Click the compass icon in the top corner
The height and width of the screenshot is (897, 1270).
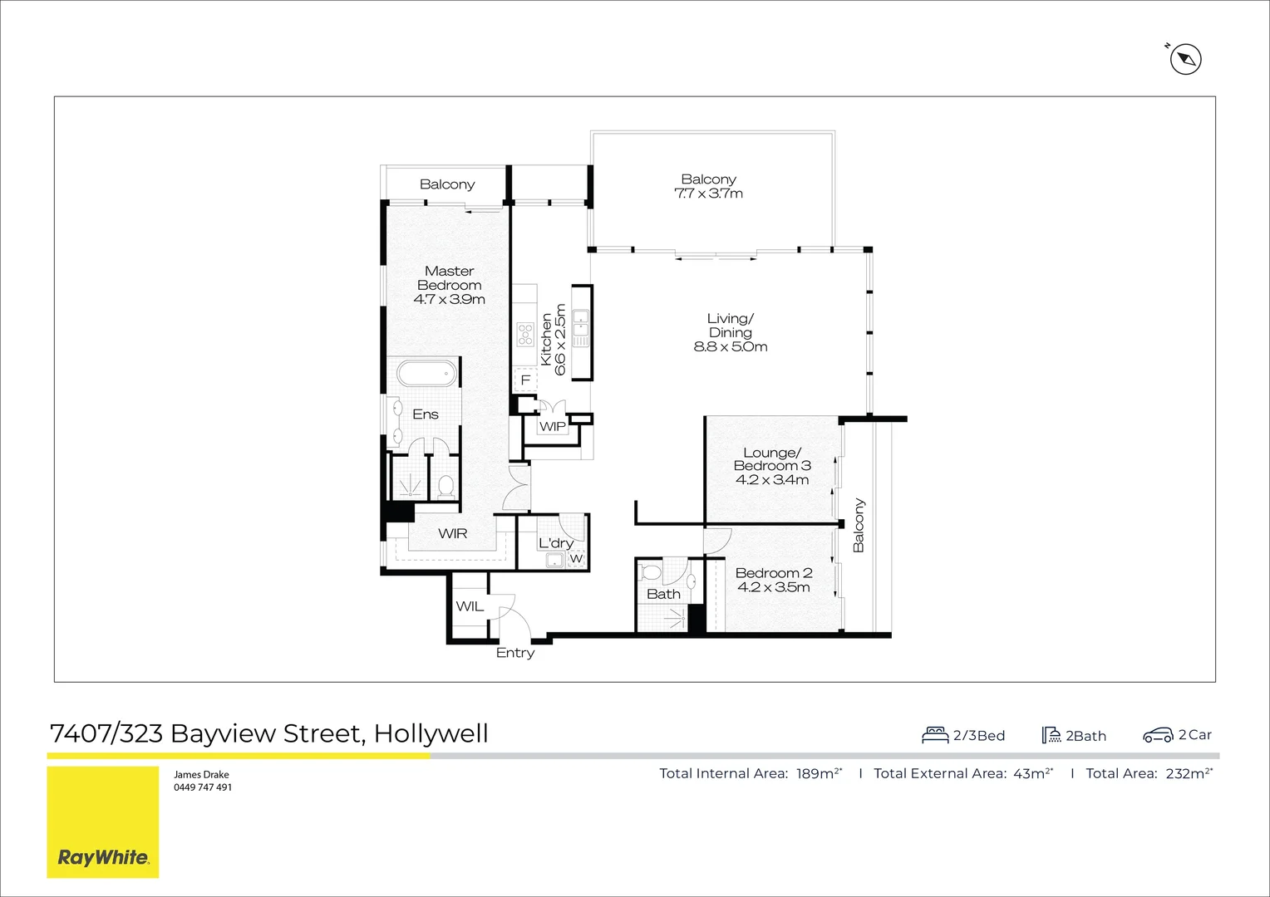tap(1186, 59)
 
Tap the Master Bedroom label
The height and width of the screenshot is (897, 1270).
tap(449, 278)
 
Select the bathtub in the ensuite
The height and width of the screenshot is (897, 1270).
tap(427, 374)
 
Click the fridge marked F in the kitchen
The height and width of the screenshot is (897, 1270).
tap(525, 380)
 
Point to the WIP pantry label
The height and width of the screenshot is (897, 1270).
tap(553, 427)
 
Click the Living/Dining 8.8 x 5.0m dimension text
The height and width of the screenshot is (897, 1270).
tap(731, 347)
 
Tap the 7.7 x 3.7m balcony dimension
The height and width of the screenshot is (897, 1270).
tap(708, 194)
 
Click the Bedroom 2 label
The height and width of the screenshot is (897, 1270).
tap(774, 573)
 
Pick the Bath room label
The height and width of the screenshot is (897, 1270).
tap(663, 594)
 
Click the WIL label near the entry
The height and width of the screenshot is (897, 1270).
tap(470, 606)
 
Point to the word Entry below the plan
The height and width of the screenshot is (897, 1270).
tap(515, 653)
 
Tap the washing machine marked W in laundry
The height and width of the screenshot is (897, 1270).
tap(576, 559)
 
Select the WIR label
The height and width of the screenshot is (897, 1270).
tap(453, 533)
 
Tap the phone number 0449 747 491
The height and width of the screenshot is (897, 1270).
tap(203, 787)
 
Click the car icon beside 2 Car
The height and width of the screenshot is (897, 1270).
tap(1158, 735)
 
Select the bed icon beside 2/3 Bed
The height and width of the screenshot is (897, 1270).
tap(935, 735)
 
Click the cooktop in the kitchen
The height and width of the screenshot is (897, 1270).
tap(525, 334)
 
